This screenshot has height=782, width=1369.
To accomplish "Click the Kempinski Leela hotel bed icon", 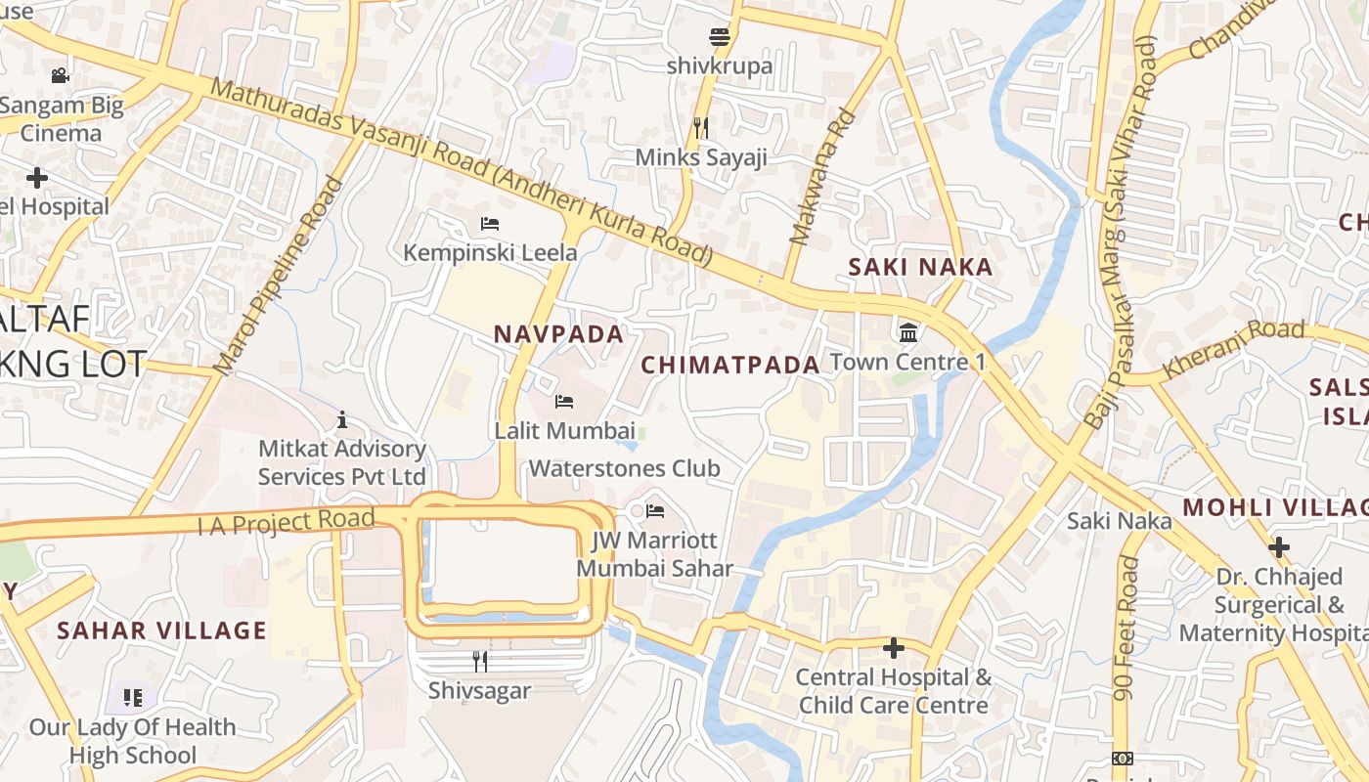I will click(x=490, y=224).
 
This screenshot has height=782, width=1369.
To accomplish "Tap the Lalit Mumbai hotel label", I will click(x=564, y=430).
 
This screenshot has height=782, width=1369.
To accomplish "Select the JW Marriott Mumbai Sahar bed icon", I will click(x=654, y=511).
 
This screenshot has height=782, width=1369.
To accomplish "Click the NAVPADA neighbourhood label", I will click(x=558, y=334).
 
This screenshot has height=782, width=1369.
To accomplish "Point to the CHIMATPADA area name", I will click(x=729, y=366).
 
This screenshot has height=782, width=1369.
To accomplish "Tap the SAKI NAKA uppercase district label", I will click(x=920, y=267).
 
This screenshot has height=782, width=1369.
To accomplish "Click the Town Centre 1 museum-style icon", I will click(x=908, y=333).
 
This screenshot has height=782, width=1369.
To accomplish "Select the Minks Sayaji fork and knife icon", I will click(x=700, y=128).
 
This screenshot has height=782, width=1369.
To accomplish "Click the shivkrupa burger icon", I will click(x=720, y=38).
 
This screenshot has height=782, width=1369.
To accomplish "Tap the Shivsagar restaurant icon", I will click(x=479, y=662).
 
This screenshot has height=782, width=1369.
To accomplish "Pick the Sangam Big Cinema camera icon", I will click(x=60, y=75).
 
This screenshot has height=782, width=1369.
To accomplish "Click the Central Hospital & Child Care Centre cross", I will click(x=893, y=648).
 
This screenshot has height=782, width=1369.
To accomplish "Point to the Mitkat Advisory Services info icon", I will click(x=342, y=420).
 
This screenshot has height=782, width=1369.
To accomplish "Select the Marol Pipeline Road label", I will click(x=280, y=277).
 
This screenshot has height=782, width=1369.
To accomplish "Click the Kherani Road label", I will click(x=1233, y=348).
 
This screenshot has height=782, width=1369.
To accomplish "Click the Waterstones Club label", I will click(x=624, y=468).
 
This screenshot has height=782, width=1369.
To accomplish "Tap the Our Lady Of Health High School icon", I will click(x=133, y=698).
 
